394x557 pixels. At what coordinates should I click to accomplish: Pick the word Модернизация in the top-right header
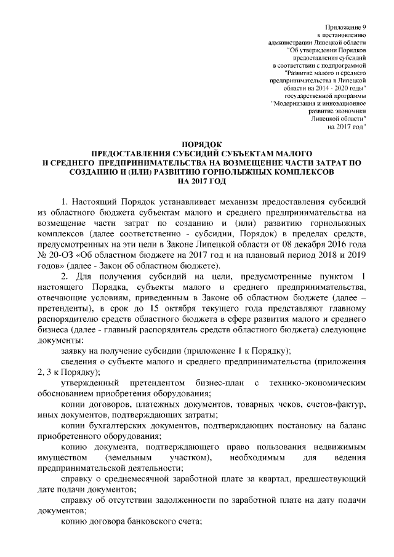tap(295, 103)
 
